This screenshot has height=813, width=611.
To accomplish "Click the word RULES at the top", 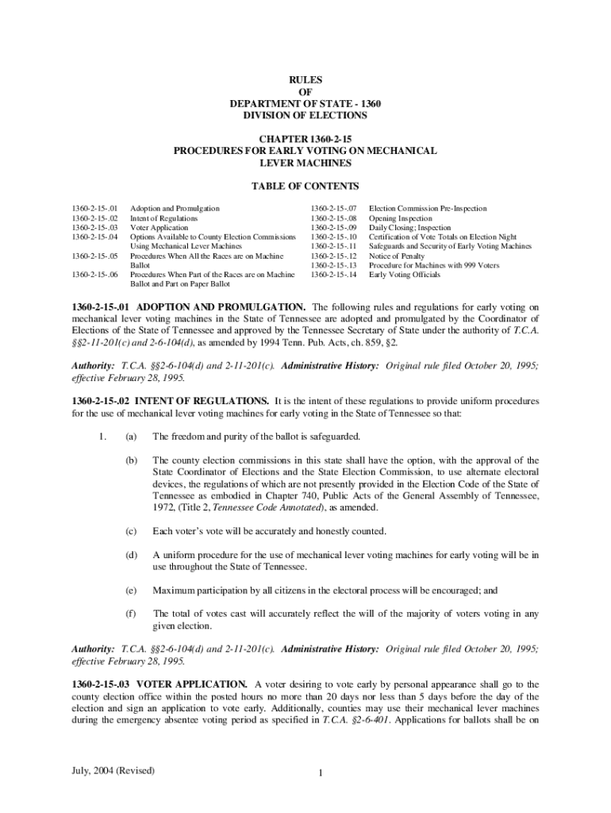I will pyautogui.click(x=305, y=80).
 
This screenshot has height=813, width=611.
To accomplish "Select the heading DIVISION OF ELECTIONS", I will pyautogui.click(x=305, y=115).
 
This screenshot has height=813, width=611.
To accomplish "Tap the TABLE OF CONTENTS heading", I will pyautogui.click(x=305, y=187).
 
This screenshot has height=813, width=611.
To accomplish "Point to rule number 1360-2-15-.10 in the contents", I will pyautogui.click(x=334, y=237).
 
